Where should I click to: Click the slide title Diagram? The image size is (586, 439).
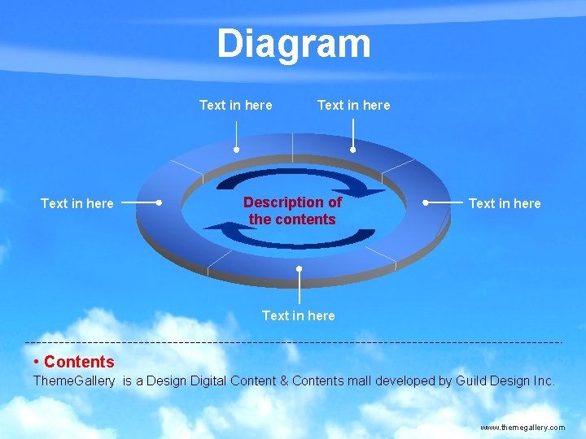293,44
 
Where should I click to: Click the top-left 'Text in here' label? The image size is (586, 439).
236,105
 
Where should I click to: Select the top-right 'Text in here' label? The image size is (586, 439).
353,105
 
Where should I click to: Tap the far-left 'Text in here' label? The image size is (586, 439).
77,203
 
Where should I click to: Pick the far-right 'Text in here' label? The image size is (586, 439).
505,203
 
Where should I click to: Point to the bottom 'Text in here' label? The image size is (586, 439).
298,315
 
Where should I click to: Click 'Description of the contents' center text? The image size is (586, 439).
293,211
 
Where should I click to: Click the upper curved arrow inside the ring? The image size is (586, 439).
301,180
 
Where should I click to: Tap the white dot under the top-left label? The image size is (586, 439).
236,150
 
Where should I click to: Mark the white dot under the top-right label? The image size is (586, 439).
353,150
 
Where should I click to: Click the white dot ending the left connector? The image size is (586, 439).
160,202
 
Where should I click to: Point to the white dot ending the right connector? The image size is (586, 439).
426,202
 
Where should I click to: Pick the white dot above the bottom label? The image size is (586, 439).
300,268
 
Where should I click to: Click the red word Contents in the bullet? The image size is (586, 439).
79,362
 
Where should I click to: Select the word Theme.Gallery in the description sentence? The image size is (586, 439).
74,380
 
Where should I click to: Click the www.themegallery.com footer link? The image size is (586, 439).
523,427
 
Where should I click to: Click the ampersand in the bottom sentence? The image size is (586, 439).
284,380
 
